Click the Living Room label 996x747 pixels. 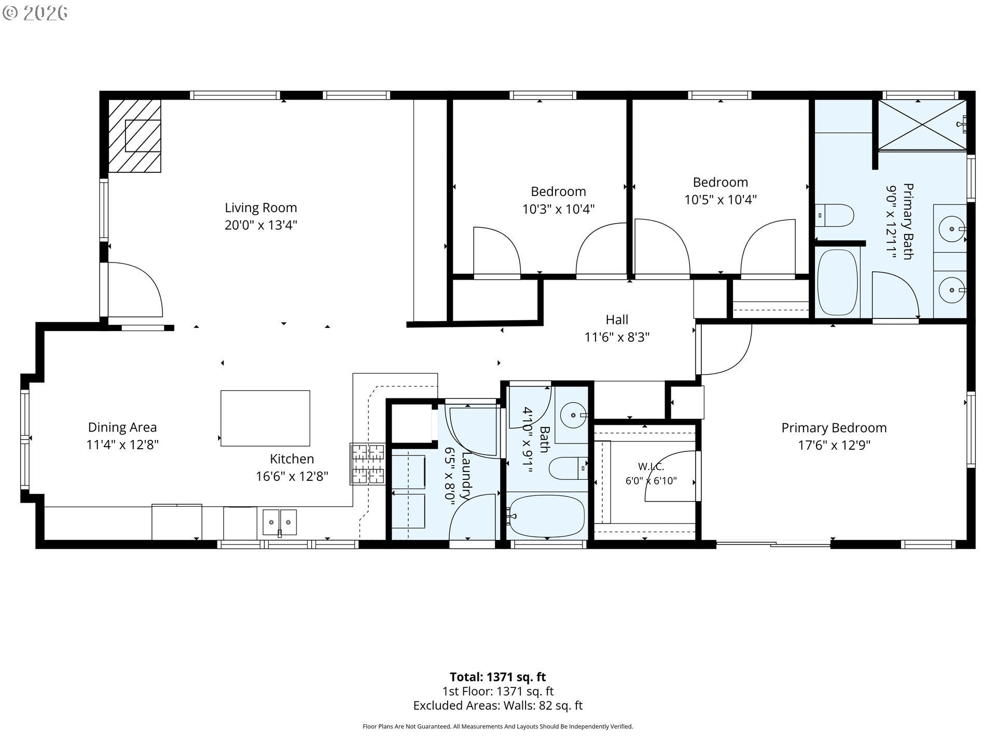coord(260,208)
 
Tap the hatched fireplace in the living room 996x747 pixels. coord(135,136)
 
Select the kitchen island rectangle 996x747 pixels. coord(265,418)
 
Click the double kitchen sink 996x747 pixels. coord(280,522)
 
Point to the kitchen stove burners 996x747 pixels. coord(368,463)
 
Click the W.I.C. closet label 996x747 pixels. coord(651,466)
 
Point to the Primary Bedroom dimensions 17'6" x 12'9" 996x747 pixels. coord(834,445)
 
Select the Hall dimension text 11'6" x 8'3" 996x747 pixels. coord(617,337)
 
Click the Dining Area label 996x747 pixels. coord(122,427)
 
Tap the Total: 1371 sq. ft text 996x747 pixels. coord(497,677)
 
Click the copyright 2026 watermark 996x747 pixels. coord(35,13)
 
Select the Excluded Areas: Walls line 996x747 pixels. coord(497,706)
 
